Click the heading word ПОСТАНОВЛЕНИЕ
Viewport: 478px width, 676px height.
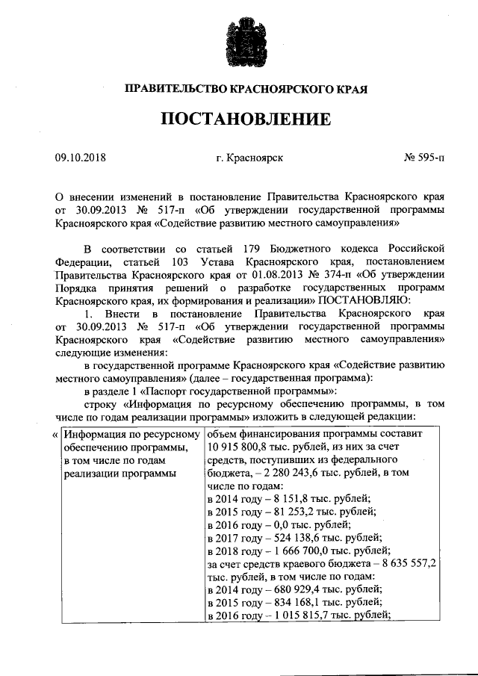pyautogui.click(x=238, y=119)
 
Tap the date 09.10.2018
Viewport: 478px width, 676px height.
pyautogui.click(x=81, y=158)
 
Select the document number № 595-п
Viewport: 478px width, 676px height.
pyautogui.click(x=423, y=158)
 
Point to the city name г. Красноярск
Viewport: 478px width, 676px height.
pyautogui.click(x=249, y=158)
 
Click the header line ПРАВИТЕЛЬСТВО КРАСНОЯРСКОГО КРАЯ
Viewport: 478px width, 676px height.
pyautogui.click(x=238, y=89)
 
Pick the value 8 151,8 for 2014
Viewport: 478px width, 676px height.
pyautogui.click(x=279, y=498)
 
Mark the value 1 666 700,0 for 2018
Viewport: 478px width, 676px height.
pyautogui.click(x=291, y=550)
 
